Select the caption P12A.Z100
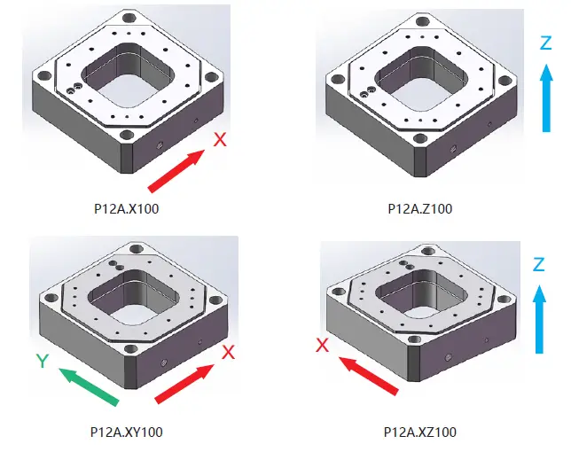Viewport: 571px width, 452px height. coord(421,210)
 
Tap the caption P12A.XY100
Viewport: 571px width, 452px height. coord(126,433)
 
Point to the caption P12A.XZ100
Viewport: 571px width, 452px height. coord(421,433)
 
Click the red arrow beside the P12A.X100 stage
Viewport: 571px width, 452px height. coord(177,171)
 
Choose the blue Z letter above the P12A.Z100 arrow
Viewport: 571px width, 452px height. coord(547,43)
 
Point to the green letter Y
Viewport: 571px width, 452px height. coord(40,362)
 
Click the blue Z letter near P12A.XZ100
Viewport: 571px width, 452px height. coord(538,264)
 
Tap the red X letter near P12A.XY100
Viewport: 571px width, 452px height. coord(228,352)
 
